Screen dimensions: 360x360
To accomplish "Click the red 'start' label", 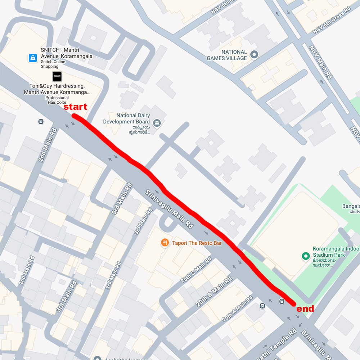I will click(75, 107).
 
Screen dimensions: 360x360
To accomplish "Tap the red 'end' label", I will click(305, 309).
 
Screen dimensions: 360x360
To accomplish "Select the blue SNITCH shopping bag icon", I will click(33, 58).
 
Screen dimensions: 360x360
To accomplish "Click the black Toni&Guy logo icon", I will click(57, 76).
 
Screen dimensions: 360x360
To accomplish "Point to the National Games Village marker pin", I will click(255, 55).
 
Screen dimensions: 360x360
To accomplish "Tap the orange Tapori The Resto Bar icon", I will click(165, 243).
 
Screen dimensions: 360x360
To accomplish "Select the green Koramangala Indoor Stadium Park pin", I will click(306, 256).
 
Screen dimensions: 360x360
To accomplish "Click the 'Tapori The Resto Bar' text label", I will click(197, 243).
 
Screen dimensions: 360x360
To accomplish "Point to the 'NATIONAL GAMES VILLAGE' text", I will click(227, 55).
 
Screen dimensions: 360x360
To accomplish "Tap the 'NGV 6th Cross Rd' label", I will click(332, 21).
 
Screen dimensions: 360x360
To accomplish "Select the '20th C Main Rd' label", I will click(197, 270).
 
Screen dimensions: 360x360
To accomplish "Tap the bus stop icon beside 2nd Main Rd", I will click(41, 122).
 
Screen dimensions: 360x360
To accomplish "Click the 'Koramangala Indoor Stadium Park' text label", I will click(336, 252).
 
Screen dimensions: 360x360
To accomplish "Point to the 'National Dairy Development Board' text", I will click(126, 119).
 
